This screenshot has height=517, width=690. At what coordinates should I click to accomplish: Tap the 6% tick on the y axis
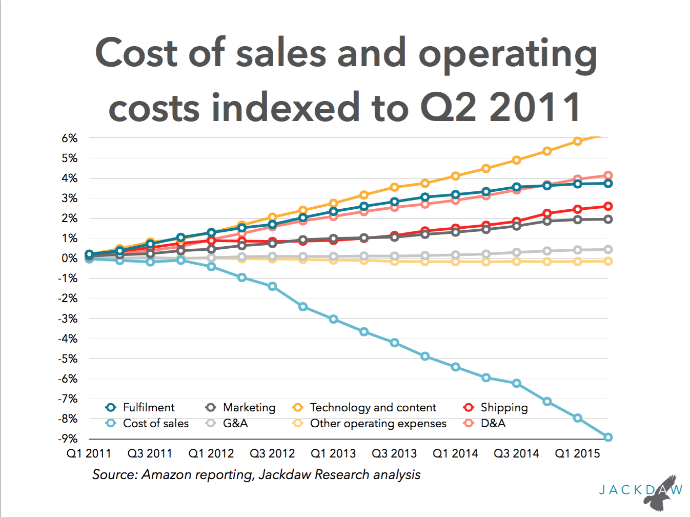(x=70, y=138)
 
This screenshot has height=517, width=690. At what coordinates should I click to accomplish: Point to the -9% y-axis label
(x=68, y=439)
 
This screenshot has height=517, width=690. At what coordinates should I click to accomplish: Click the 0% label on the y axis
(x=70, y=258)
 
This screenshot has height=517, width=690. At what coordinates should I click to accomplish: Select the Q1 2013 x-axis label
(x=333, y=453)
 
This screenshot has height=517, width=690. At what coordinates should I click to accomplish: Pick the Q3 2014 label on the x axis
(x=516, y=453)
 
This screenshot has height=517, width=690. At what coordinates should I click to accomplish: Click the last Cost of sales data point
(x=608, y=438)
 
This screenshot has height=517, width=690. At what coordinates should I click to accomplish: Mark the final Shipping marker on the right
(x=608, y=206)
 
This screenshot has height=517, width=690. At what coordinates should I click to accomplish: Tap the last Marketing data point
(x=608, y=220)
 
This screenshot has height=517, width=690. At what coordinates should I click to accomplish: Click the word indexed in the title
(x=286, y=107)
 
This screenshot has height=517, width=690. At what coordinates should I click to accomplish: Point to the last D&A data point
(x=608, y=175)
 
